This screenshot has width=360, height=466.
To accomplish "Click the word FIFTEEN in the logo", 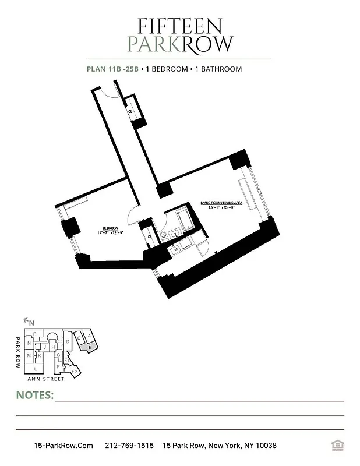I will click(180, 26).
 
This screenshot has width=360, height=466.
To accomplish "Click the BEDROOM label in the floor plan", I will click(111, 228).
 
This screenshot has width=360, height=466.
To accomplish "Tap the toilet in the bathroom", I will click(164, 235).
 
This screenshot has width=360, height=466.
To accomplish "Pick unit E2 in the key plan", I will click(75, 371).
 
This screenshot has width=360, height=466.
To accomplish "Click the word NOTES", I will click(34, 396).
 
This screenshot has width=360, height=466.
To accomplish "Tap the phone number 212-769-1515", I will click(129, 446).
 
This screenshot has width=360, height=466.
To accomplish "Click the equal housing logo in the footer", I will click(336, 446).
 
